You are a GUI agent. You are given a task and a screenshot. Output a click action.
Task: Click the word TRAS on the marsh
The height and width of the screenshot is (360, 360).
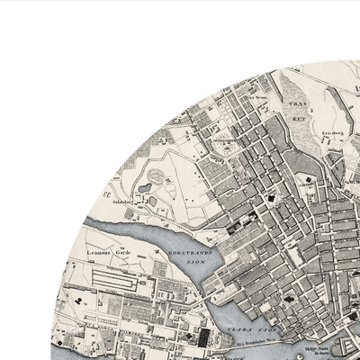pyautogui.click(x=298, y=104)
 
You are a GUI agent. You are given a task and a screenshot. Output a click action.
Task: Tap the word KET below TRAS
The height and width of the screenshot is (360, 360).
pyautogui.click(x=298, y=117)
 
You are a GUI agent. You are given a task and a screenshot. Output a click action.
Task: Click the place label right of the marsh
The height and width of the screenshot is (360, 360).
pyautogui.click(x=332, y=132)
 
